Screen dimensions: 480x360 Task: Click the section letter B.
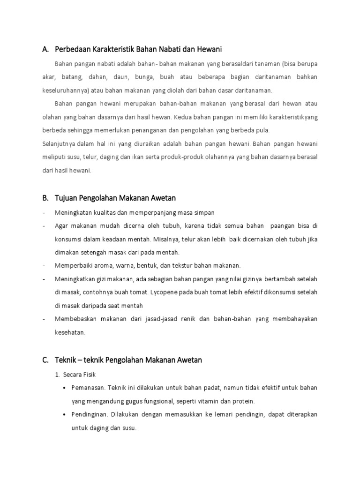pyautogui.click(x=45, y=198)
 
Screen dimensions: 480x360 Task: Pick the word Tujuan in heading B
pyautogui.click(x=66, y=198)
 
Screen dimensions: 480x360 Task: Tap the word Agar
pyautogui.click(x=61, y=226)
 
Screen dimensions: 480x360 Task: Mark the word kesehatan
pyautogui.click(x=70, y=332)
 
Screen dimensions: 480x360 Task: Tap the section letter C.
pyautogui.click(x=45, y=360)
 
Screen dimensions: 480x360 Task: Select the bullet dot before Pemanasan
pyautogui.click(x=64, y=388)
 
